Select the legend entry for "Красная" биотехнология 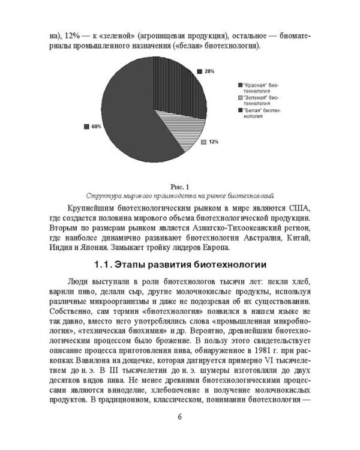(x=258, y=88)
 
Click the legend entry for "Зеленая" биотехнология (x=258, y=100)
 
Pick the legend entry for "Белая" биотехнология (x=258, y=113)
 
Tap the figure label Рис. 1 (x=179, y=186)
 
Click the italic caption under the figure (x=179, y=196)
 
